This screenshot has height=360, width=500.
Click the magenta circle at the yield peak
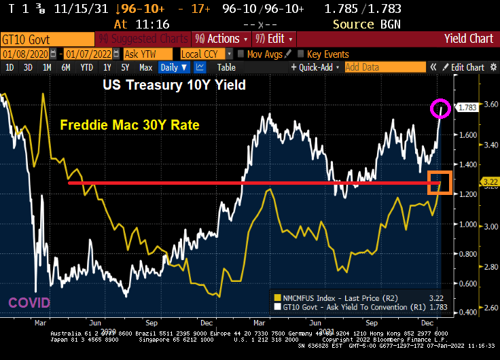click(x=440, y=108)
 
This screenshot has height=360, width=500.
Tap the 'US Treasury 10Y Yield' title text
click(x=174, y=86)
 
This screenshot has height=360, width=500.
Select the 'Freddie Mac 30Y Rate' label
click(x=129, y=126)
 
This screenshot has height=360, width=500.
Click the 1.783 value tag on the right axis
click(x=467, y=107)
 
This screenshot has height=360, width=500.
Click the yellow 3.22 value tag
click(x=488, y=181)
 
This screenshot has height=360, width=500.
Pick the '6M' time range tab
click(x=66, y=67)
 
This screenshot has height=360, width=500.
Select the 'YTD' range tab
click(x=86, y=67)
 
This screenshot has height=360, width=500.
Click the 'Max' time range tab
click(x=145, y=67)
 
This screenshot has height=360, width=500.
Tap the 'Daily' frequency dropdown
click(x=174, y=67)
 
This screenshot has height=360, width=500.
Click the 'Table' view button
click(x=226, y=67)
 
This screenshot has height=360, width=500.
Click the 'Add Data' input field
click(x=383, y=67)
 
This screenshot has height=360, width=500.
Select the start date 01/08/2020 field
click(x=28, y=54)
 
